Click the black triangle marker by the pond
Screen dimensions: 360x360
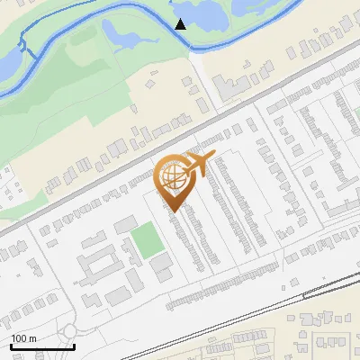(181, 24)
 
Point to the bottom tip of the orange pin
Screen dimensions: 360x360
(172, 211)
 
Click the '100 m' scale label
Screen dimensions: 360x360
(23, 338)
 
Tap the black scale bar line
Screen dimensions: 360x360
(42, 346)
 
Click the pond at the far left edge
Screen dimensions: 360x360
(9, 63)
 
